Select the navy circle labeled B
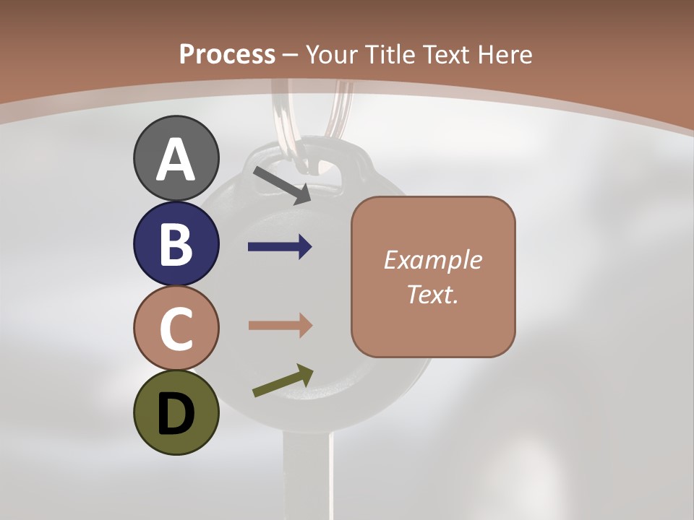(176, 244)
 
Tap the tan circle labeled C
(176, 329)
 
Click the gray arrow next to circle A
(282, 185)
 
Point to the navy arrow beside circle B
(280, 247)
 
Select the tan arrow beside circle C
(280, 326)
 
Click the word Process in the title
(227, 54)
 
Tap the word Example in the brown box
(432, 260)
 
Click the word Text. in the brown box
(432, 294)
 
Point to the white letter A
(176, 160)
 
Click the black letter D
(176, 415)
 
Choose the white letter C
(176, 330)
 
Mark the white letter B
(176, 246)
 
